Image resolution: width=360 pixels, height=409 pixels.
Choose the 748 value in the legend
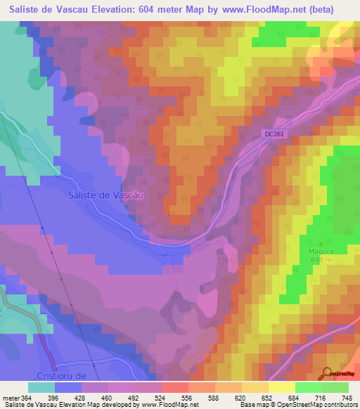point(346,398)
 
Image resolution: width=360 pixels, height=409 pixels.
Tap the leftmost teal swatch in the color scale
point(41,387)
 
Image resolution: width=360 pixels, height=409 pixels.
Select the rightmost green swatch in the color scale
point(335,387)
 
